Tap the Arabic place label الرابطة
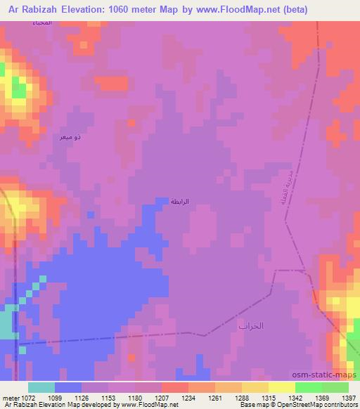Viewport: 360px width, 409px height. point(180,202)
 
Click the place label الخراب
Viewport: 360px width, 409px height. point(250,327)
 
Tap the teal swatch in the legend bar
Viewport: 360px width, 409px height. point(41,387)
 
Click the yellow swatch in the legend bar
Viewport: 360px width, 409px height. point(281,387)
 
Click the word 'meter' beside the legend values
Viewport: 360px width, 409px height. point(9,398)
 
